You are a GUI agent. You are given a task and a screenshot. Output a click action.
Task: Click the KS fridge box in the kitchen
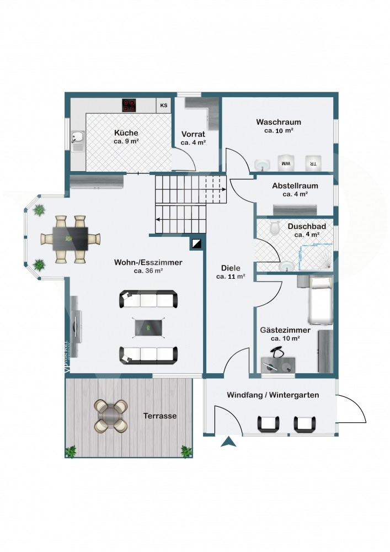(x=163, y=105)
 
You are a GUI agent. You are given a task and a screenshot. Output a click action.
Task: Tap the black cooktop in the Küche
(x=129, y=105)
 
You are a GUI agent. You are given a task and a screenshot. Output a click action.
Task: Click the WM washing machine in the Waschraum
(x=286, y=163)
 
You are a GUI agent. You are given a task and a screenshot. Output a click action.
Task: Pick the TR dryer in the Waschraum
(x=312, y=163)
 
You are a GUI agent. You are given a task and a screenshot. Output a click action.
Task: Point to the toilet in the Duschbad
(x=275, y=228)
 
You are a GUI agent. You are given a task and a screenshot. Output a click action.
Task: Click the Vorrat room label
(x=193, y=134)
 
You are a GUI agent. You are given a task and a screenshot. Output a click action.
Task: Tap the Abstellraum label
(x=295, y=185)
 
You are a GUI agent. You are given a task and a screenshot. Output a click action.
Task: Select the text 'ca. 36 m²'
(x=148, y=270)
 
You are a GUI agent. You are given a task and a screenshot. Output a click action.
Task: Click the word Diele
(x=231, y=268)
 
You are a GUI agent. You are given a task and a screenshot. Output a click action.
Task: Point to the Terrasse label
(x=160, y=416)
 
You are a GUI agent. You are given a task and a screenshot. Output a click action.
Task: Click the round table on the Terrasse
(x=111, y=416)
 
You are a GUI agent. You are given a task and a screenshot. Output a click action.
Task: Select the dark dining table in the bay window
(x=71, y=238)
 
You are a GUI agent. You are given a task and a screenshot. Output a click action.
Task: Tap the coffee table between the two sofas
(x=148, y=327)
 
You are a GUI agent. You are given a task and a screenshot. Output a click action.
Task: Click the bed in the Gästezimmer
(x=320, y=300)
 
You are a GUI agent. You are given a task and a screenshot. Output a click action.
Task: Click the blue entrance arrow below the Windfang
(x=228, y=442)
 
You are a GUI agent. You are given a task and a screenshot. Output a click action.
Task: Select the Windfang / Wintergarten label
(x=273, y=395)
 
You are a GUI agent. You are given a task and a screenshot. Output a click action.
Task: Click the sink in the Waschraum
(x=262, y=164)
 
